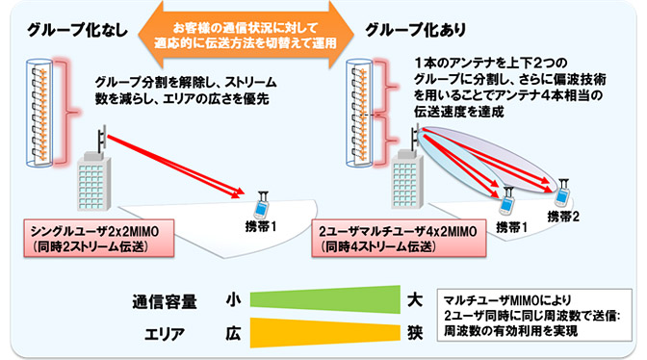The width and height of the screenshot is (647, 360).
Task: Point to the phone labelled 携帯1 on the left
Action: click(258, 208)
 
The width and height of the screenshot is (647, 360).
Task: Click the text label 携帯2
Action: click(562, 217)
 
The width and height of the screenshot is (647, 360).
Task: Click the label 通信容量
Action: click(165, 300)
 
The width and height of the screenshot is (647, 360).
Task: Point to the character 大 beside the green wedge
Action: click(414, 299)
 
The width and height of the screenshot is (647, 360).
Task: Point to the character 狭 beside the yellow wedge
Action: click(414, 333)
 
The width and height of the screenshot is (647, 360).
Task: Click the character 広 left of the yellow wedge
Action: click(232, 333)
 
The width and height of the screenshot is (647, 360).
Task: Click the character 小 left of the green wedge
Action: click(232, 300)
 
